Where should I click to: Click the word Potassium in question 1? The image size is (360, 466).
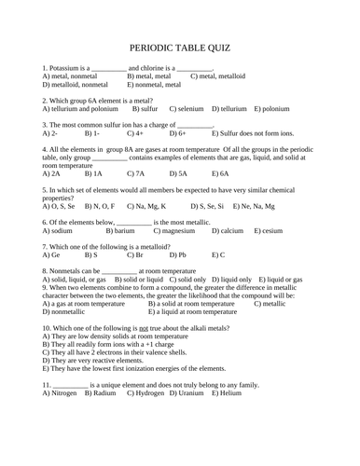(x=68, y=68)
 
